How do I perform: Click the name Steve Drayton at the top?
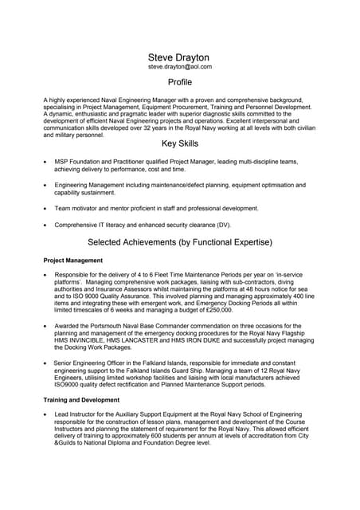[179, 57]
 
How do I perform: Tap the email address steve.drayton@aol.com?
[180, 68]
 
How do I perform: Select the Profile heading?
[180, 83]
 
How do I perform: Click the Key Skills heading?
[180, 143]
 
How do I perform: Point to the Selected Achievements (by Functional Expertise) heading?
[180, 241]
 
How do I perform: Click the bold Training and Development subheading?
[81, 399]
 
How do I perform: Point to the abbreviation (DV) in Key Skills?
[222, 225]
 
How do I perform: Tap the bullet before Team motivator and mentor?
[45, 208]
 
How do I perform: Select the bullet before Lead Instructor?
[45, 415]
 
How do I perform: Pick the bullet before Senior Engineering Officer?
[45, 362]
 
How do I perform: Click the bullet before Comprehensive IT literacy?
[45, 225]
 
